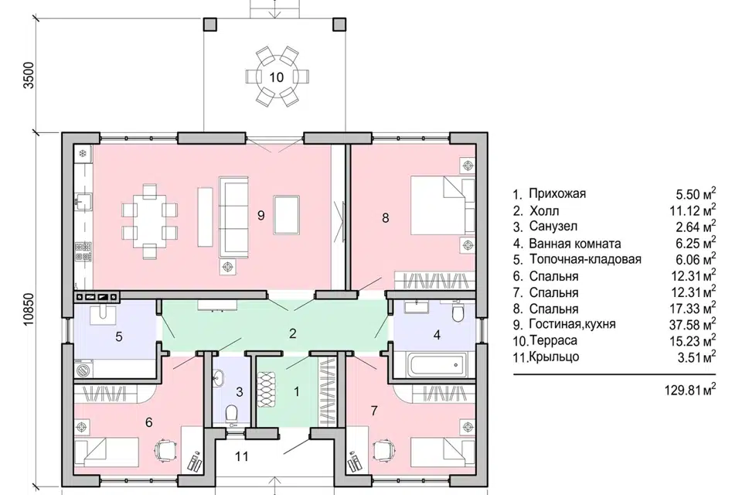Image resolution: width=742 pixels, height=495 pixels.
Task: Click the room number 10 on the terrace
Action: point(277,77)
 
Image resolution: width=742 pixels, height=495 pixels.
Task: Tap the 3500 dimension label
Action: point(30,75)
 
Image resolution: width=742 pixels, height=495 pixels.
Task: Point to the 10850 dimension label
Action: point(30,310)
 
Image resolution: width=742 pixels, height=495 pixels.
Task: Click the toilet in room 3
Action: point(231,413)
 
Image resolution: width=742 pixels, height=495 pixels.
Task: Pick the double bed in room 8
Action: point(443,205)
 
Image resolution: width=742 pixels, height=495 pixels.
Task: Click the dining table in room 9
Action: point(150,222)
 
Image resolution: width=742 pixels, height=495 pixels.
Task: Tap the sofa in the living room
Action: point(233,217)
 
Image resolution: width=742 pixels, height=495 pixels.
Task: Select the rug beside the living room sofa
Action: point(286,215)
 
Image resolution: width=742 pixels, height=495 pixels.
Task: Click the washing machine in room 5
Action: point(83,369)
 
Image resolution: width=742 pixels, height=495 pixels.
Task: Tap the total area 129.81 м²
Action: point(690,391)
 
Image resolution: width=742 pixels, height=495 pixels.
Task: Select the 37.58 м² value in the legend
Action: point(693,325)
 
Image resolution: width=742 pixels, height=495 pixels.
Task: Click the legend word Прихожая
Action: point(557,193)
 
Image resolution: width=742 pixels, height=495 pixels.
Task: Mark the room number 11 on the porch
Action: point(242,456)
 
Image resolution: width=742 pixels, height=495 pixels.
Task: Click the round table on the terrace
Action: point(277,77)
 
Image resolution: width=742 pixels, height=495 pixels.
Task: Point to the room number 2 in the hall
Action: point(292,333)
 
